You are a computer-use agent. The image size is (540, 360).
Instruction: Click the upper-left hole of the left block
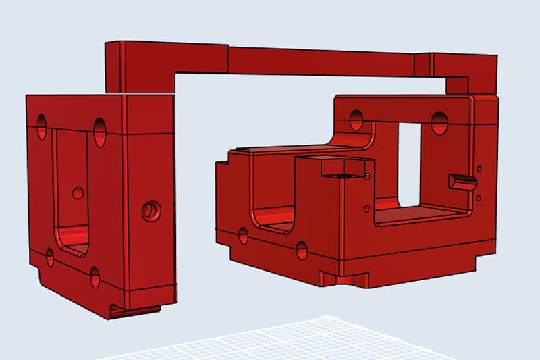tap(43, 126)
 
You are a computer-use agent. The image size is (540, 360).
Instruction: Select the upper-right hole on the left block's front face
tap(101, 129)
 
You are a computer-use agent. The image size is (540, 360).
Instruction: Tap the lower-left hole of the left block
tap(49, 256)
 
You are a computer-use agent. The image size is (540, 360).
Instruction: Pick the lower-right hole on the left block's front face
tap(94, 276)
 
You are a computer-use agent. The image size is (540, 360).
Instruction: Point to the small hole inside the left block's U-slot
tap(78, 193)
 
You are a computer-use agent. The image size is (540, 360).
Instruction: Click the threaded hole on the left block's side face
tap(148, 211)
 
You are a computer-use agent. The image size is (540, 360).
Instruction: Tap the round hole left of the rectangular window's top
tap(356, 120)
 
